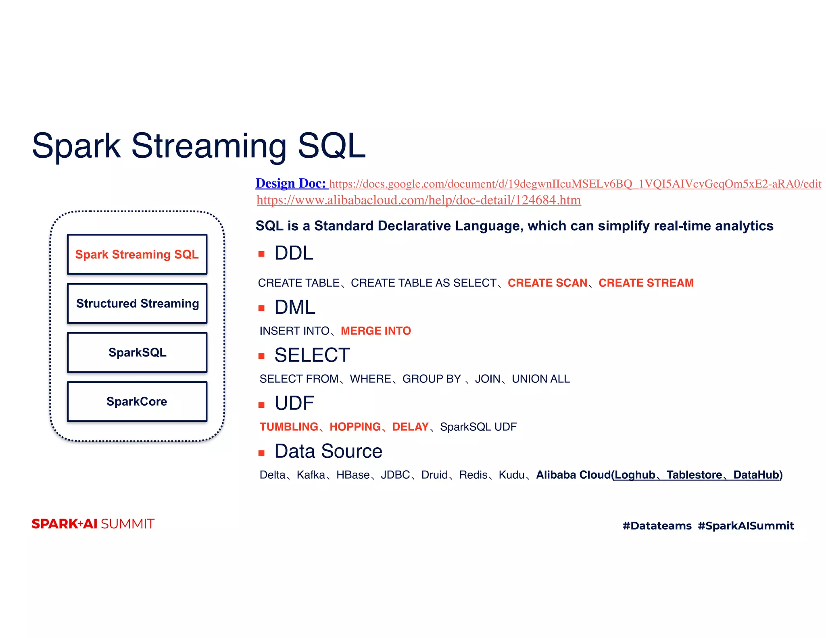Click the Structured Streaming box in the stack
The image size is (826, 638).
pos(137,303)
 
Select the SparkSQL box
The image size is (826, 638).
pos(137,352)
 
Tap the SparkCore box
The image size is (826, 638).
pos(137,402)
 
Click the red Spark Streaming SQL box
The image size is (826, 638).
pos(137,254)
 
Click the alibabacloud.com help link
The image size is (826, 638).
pos(418,200)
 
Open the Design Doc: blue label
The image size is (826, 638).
pos(290,183)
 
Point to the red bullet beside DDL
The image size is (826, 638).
pos(261,254)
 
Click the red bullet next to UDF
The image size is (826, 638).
pos(261,405)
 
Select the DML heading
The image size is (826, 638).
pos(294,307)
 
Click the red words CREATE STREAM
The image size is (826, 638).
pos(646,283)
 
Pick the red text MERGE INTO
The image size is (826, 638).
pos(375,331)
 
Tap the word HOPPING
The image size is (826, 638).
pos(355,427)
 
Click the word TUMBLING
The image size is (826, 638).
pos(289,427)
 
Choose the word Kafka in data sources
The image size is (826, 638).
pos(311,475)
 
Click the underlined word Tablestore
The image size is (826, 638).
pos(694,475)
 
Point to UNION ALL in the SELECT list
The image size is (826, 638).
pos(540,379)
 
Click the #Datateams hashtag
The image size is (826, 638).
pos(657,526)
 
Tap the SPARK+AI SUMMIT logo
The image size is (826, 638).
pos(93,524)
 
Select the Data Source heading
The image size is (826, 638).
pos(328,451)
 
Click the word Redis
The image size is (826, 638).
pos(473,475)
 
